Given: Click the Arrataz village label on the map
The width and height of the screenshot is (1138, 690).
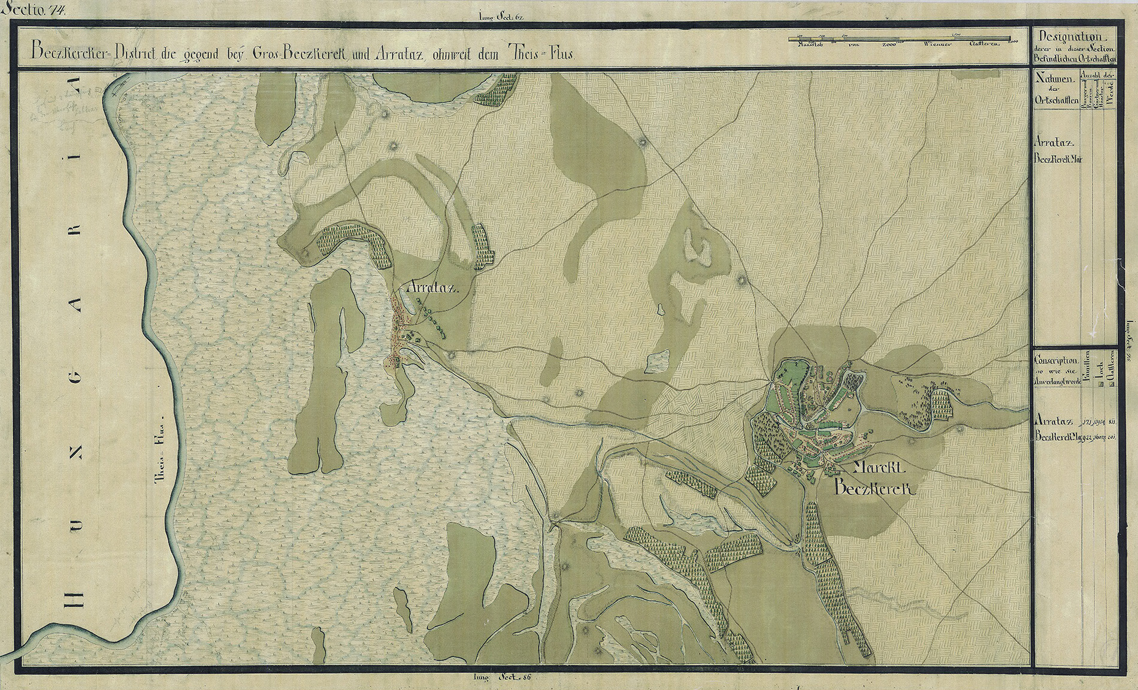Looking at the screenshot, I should [x=432, y=288].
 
